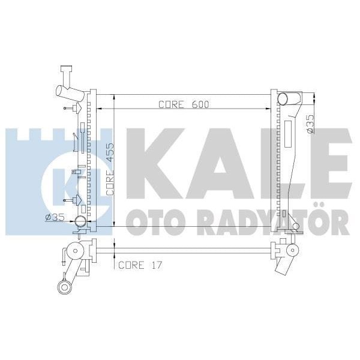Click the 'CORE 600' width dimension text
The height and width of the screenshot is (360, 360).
tap(184, 104)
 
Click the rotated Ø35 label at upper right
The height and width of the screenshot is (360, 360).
tap(310, 123)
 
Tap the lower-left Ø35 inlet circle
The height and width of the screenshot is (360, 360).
tap(79, 223)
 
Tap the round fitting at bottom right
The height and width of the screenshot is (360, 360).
tap(292, 250)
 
